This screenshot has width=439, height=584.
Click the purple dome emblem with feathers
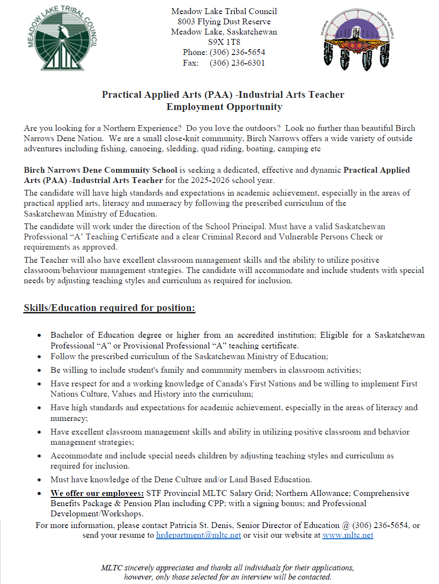tap(357, 40)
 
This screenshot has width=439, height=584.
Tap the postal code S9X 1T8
tap(224, 42)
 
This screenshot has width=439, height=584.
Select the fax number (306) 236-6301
tap(237, 63)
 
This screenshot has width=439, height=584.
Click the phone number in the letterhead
tap(237, 52)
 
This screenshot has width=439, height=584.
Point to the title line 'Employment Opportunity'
tap(224, 107)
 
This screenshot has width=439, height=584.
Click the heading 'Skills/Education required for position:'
tap(109, 308)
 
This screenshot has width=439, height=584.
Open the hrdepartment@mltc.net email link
tap(198, 535)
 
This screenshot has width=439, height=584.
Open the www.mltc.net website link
tap(348, 535)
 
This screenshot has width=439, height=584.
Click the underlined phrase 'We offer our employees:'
tap(97, 493)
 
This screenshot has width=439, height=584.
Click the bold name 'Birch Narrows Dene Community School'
tap(100, 170)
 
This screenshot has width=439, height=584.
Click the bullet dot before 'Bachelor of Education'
tap(39, 336)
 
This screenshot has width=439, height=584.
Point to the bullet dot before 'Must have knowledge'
tap(39, 480)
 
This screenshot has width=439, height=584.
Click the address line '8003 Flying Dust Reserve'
tap(224, 21)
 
